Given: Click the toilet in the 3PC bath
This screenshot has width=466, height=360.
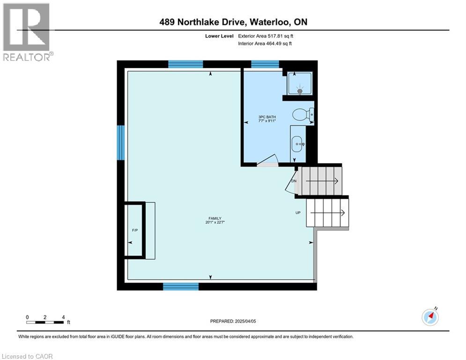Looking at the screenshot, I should pyautogui.click(x=302, y=114).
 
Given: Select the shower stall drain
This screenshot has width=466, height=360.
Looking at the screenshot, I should pyautogui.click(x=300, y=90).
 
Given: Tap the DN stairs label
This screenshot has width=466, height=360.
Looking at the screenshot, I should pyautogui.click(x=294, y=181).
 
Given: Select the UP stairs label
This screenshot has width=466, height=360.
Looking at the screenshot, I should pyautogui.click(x=297, y=212).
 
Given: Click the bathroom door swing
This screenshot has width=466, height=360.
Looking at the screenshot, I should pyautogui.click(x=268, y=161).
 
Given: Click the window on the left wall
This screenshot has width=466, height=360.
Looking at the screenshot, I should pyautogui.click(x=120, y=142).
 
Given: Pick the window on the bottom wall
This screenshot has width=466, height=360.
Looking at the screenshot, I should pyautogui.click(x=181, y=286).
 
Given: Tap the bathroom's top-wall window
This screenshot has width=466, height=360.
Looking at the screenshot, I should pyautogui.click(x=265, y=64).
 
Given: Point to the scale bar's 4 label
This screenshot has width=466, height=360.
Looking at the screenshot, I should pyautogui.click(x=63, y=317).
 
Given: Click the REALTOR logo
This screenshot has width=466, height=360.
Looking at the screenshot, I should pyautogui.click(x=26, y=32).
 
